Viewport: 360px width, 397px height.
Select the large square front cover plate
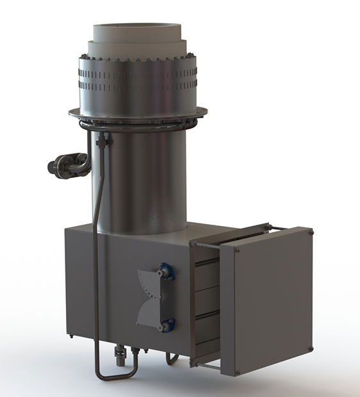pos(266,301)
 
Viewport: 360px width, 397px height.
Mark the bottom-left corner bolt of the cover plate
pos(226,371)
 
